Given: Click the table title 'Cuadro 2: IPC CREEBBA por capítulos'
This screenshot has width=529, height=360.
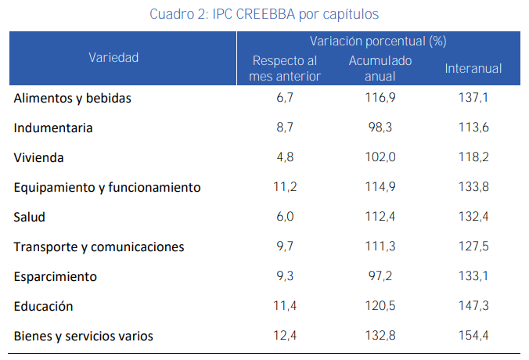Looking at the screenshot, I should (264, 14).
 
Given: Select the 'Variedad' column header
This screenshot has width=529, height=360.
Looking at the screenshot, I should (113, 57).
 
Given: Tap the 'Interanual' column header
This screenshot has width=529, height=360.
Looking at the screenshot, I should (473, 69).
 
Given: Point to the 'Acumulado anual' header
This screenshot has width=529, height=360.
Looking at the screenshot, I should (380, 69).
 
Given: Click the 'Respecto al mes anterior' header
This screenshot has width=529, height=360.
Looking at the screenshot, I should (285, 69).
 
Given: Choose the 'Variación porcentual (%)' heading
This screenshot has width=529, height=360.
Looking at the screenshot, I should (378, 41).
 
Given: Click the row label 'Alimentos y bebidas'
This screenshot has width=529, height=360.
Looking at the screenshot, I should (72, 99).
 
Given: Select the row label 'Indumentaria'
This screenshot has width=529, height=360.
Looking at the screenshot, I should (53, 128).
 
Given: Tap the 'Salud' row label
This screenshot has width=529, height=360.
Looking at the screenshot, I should (30, 218).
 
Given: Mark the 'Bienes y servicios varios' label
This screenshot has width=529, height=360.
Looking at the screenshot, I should (83, 337).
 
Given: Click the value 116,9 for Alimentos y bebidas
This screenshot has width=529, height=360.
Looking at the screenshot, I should (381, 99).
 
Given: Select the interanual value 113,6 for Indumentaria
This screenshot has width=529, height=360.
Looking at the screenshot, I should (473, 128).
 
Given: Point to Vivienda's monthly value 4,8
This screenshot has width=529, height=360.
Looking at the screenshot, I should (286, 158).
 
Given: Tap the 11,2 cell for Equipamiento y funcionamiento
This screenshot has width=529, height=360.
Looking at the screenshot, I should (286, 188).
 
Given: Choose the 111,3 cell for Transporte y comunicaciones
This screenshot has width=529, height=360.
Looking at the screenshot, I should (381, 247).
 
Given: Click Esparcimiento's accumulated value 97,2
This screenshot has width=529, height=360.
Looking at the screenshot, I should (381, 277).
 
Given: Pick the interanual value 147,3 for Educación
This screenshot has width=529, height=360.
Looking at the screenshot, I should (473, 307).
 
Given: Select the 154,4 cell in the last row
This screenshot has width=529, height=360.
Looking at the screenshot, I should (473, 337).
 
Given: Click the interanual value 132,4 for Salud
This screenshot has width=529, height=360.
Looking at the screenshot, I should (473, 218).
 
